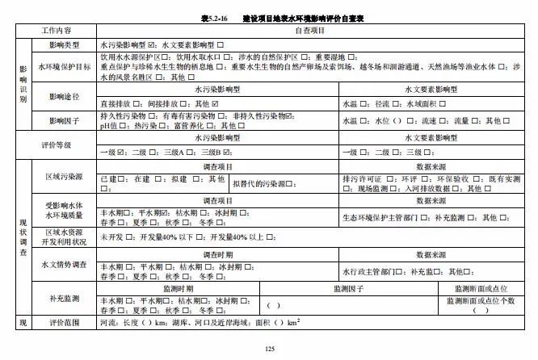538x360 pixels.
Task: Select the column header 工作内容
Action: point(57,30)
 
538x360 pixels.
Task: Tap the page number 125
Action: point(270,348)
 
